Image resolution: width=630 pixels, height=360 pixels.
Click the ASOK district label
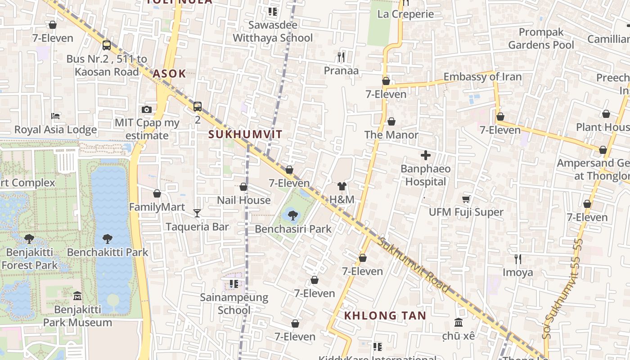[x=169, y=74]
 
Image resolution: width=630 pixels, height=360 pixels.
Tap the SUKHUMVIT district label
[x=245, y=134]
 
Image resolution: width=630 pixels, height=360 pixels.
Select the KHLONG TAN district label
[x=385, y=315]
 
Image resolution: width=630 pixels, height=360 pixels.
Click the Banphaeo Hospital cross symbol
[x=425, y=156]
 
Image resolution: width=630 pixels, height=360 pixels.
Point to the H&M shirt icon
[x=342, y=186]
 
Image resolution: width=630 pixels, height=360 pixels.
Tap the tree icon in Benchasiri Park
[x=293, y=216]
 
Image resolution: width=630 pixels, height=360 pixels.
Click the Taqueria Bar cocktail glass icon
[x=197, y=213]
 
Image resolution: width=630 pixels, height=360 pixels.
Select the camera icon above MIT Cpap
[x=147, y=109]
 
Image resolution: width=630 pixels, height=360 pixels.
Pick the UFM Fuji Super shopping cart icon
[x=466, y=199]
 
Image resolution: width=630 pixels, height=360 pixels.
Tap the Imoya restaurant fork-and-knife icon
[x=518, y=259]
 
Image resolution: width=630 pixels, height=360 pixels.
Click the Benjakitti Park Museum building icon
[x=77, y=296]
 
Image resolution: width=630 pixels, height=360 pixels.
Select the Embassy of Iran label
[x=482, y=77]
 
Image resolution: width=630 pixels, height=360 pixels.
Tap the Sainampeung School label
[x=234, y=304]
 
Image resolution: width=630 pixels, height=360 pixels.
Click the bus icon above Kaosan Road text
[x=107, y=45]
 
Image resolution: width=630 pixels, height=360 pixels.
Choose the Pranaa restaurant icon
[x=341, y=57]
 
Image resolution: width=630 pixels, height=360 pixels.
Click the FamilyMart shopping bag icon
[x=157, y=193]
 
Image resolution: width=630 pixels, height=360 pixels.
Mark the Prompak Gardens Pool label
[x=541, y=39]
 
